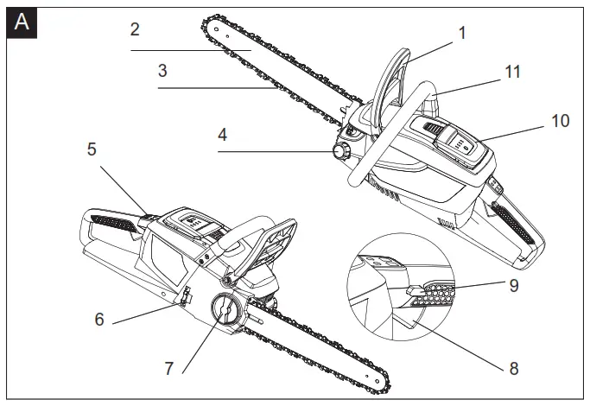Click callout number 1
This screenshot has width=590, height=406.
click(x=462, y=33)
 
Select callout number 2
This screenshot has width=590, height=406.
click(x=135, y=29)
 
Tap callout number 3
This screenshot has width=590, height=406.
click(x=162, y=71)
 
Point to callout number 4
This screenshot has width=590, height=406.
click(x=222, y=135)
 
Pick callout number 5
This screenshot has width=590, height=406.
click(x=92, y=149)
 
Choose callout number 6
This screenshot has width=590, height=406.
click(x=99, y=319)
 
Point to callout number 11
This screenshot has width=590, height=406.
click(x=513, y=73)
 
